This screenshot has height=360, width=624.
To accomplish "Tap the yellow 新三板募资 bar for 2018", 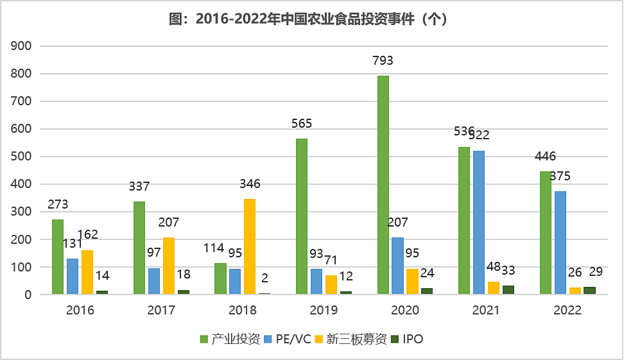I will point(250,246).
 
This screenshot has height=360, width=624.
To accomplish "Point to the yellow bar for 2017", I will point(168,266).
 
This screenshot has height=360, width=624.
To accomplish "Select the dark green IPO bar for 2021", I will point(508,290).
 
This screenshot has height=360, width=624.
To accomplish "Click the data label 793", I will point(383,61).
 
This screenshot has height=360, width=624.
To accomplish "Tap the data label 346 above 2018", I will point(250,184).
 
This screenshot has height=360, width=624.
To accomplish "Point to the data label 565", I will point(301,124).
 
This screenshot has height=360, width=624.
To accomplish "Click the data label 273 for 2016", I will point(57,205).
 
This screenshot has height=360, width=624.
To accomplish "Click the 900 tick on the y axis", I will point(23,46).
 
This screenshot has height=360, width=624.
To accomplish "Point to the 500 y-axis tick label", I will point(23,157).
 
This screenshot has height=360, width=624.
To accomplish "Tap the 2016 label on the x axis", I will point(80,311).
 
